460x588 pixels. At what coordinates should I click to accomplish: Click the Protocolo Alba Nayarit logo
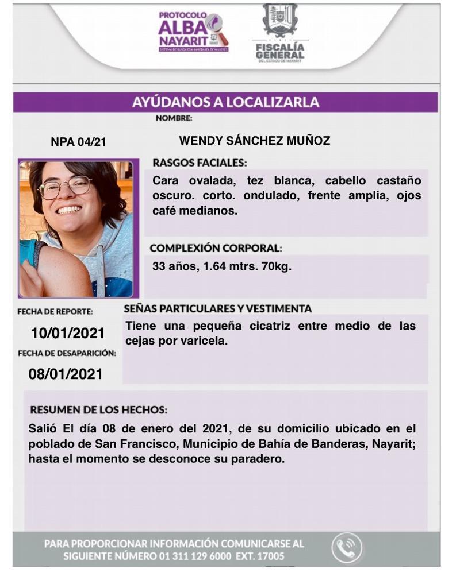click(193, 33)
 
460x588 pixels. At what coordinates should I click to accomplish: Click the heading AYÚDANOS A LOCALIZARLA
click(225, 103)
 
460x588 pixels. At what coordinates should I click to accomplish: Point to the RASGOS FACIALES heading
click(200, 163)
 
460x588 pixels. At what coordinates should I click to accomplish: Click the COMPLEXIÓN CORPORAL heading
click(216, 249)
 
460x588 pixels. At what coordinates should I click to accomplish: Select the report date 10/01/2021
click(68, 333)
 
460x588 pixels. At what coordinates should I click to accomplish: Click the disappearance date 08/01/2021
click(66, 374)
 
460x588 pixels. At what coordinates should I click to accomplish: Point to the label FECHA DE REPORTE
click(55, 312)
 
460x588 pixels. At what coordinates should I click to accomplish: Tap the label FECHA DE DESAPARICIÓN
click(67, 353)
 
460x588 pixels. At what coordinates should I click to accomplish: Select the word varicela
click(206, 341)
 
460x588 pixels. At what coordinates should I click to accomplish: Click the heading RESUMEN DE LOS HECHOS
click(98, 411)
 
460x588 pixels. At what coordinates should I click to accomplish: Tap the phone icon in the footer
click(347, 548)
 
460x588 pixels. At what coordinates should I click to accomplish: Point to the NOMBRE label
click(174, 119)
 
